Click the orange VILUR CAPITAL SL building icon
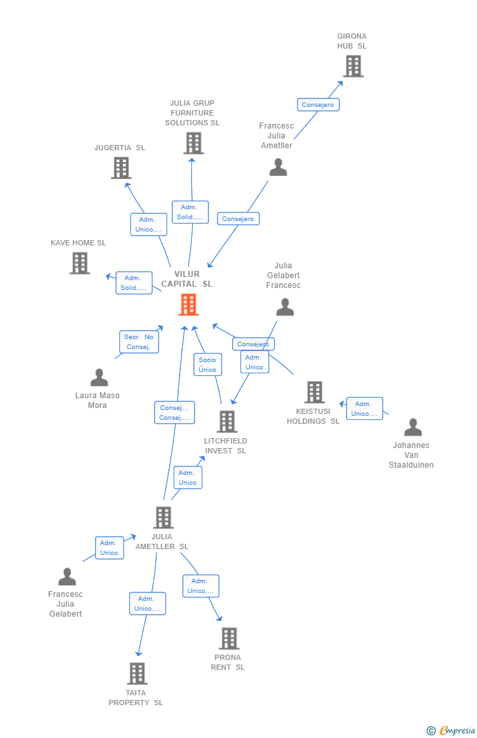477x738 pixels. [189, 304]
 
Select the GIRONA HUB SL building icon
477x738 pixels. [353, 66]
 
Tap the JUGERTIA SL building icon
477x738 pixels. [121, 168]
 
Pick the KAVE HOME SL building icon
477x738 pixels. [80, 263]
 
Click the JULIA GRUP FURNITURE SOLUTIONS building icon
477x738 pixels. [193, 143]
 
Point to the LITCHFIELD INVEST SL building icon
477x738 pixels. [227, 422]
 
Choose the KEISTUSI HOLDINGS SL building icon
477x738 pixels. [315, 392]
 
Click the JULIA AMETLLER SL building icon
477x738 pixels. [163, 518]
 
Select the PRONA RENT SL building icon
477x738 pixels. [229, 638]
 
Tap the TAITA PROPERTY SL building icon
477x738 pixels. [137, 674]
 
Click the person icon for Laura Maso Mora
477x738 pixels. [99, 378]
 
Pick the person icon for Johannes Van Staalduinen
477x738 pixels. [413, 427]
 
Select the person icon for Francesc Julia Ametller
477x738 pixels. [278, 167]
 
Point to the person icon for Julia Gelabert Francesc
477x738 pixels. [285, 307]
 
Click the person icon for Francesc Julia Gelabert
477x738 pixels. [67, 577]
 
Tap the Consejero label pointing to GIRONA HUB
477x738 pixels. [318, 105]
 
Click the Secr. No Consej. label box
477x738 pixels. [139, 342]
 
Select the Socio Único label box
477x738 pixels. [208, 365]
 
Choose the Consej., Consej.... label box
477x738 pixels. [174, 413]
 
